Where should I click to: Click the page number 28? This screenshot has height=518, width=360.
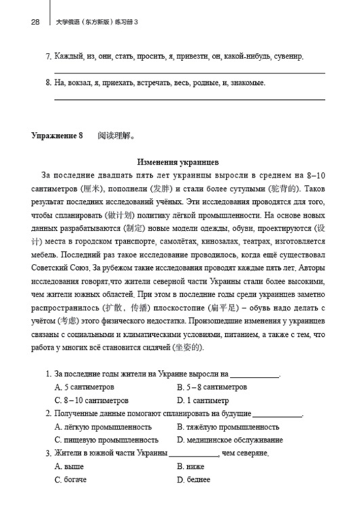pos(35,22)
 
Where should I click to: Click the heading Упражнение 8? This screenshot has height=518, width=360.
pos(57,136)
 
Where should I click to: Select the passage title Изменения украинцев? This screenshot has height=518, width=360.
pos(178,162)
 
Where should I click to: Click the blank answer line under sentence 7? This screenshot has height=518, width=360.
pos(189,73)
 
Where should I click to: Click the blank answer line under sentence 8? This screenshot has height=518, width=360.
pos(189,99)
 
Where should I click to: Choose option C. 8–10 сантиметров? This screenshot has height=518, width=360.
pos(92,400)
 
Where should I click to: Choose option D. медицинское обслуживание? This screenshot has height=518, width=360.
pos(230,440)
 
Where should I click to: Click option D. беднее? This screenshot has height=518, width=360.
pos(193,480)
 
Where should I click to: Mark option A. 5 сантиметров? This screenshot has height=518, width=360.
pos(84,387)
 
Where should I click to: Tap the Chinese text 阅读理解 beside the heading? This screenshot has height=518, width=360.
pos(116,136)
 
